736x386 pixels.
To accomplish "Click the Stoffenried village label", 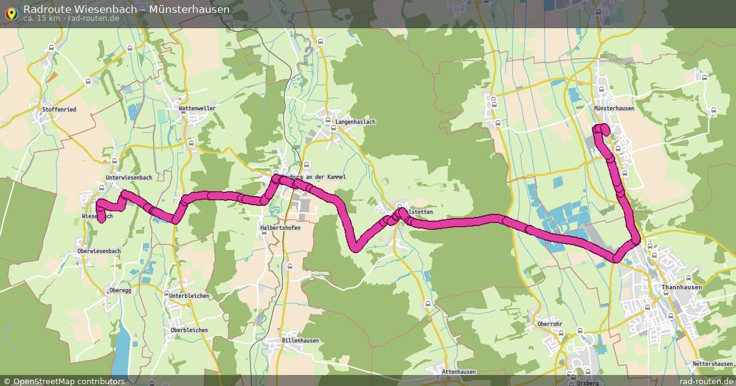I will click(59, 110).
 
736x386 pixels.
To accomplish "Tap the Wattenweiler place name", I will click(197, 108).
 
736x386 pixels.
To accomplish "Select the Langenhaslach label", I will click(355, 122).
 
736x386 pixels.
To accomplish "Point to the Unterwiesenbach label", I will click(129, 178).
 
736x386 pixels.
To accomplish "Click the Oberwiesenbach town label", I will click(99, 251).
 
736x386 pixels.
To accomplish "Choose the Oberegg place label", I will click(120, 290).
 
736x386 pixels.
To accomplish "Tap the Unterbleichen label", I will click(189, 296).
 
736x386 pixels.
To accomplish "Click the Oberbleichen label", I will click(189, 330).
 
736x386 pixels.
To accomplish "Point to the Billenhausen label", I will click(300, 341).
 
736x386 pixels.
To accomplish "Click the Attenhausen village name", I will click(459, 372).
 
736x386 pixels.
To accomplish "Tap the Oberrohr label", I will click(550, 324).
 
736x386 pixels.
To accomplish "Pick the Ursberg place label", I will click(587, 383).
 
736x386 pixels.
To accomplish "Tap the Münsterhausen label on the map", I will click(614, 108).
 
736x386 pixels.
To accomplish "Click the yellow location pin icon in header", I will click(10, 12).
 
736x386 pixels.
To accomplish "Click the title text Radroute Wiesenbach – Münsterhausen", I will click(126, 9).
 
